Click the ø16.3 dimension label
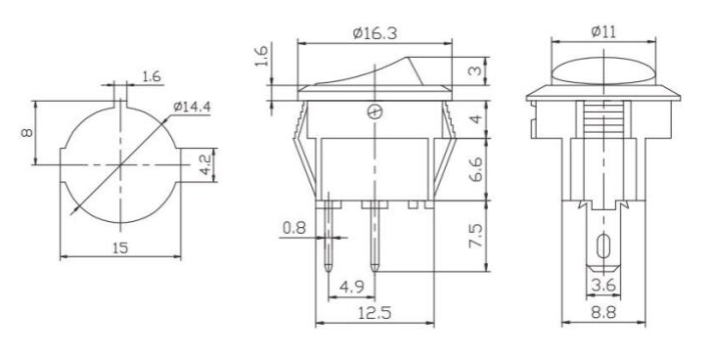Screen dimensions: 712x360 [375, 33]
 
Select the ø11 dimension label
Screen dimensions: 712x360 [603, 31]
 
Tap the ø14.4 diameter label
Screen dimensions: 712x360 [192, 108]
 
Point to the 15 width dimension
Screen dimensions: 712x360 [120, 247]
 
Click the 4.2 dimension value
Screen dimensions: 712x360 [205, 164]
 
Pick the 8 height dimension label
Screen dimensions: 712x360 [26, 133]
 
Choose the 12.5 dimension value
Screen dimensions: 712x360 [375, 313]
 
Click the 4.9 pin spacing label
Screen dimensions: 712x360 [352, 287]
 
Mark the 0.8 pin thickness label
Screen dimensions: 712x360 [294, 227]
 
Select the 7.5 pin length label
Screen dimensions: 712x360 [475, 236]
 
